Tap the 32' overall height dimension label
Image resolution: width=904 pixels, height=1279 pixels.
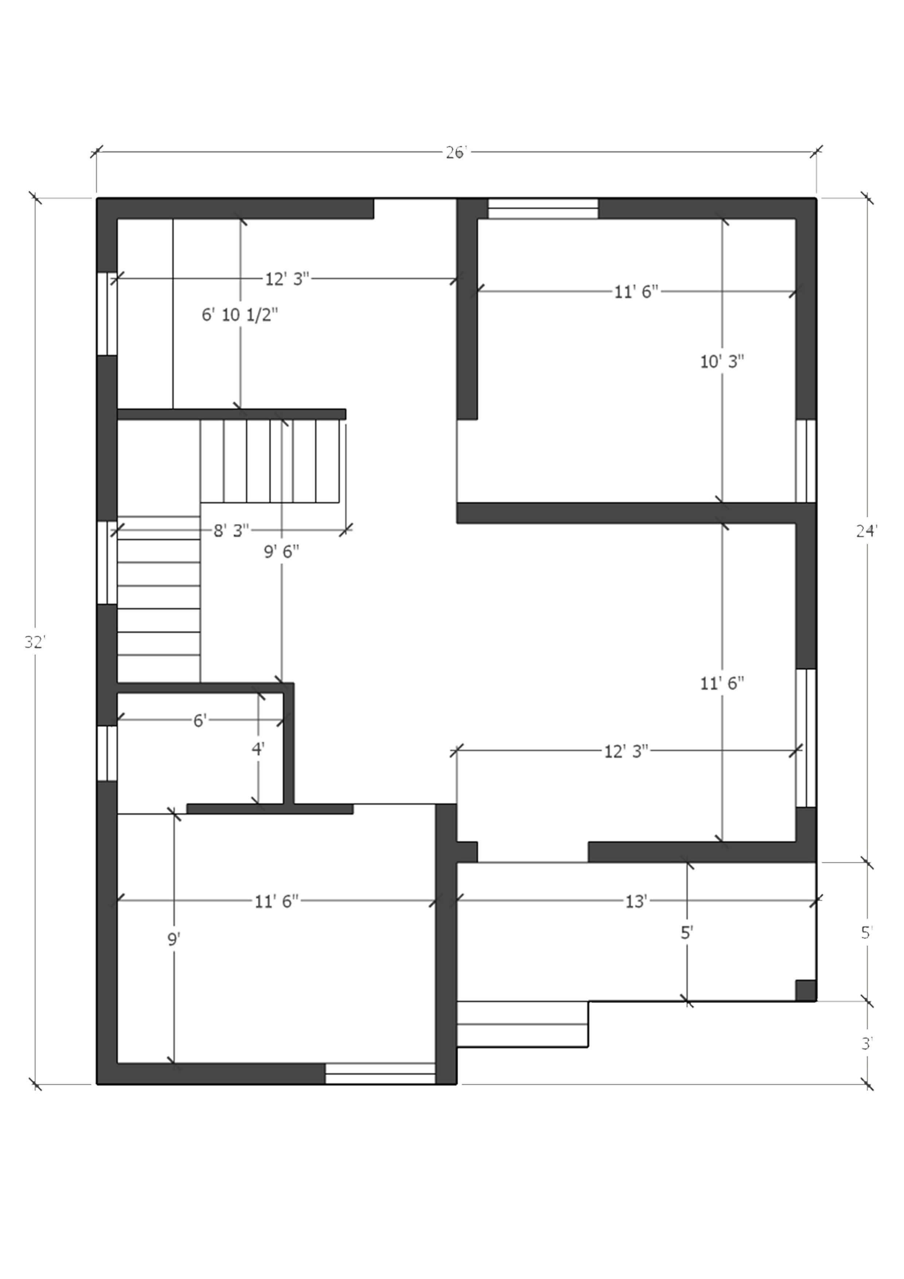(x=34, y=642)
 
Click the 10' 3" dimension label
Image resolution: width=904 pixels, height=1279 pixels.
(x=722, y=362)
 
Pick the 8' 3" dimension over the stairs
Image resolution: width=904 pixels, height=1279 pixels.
(x=231, y=530)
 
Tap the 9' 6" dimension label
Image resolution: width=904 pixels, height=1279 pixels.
(x=281, y=552)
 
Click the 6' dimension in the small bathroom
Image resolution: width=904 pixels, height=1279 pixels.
(x=200, y=721)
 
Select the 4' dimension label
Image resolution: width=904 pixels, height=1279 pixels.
(x=257, y=749)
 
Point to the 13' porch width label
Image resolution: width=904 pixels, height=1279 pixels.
(x=635, y=901)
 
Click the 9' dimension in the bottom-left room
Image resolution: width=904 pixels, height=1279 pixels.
(x=174, y=940)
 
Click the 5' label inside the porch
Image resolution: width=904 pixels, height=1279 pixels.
(x=686, y=933)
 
